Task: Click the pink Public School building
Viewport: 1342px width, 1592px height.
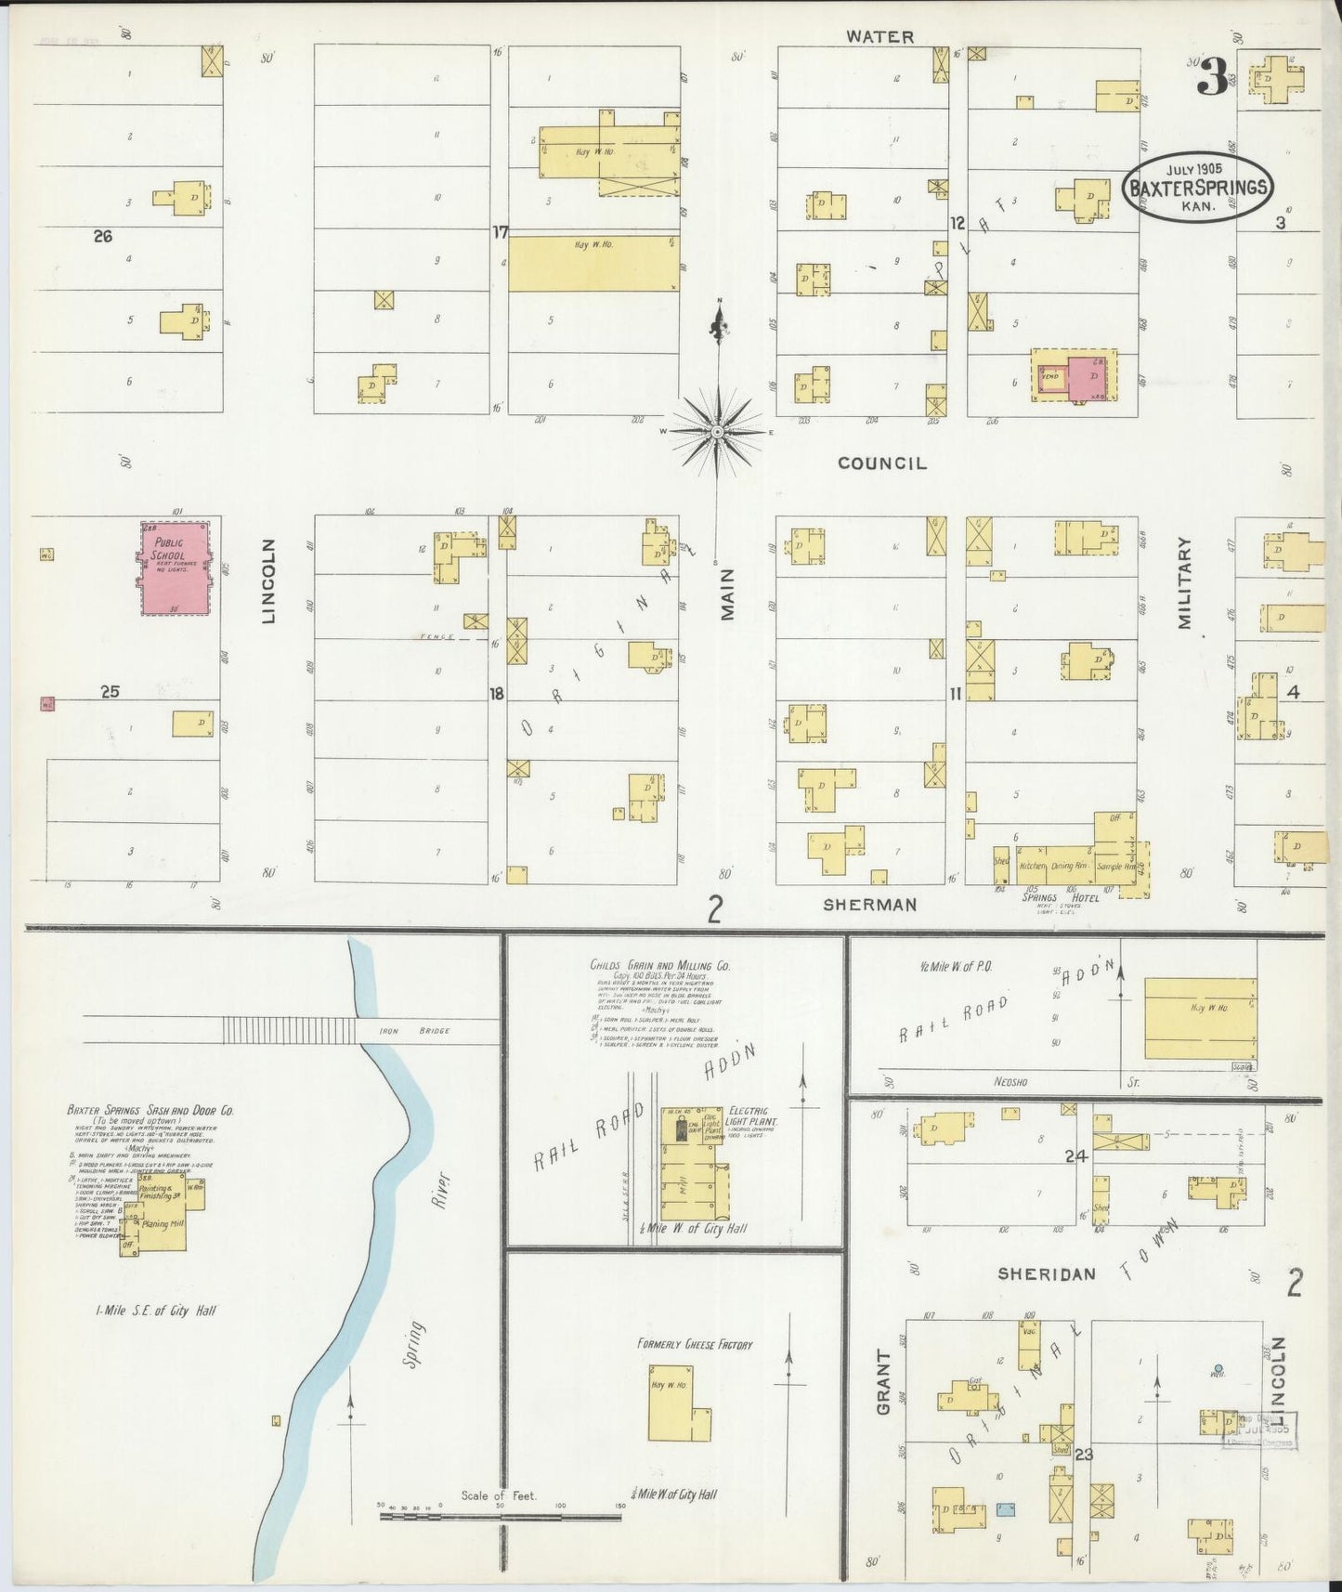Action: [175, 567]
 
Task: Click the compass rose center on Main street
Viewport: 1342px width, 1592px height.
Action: [718, 433]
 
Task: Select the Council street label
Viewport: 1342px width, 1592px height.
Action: [882, 463]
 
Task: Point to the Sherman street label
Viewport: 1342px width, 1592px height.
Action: [870, 904]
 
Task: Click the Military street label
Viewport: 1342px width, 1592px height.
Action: [1185, 583]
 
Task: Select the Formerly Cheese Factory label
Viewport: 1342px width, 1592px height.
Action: [695, 1344]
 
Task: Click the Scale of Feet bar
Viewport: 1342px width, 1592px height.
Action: [501, 1517]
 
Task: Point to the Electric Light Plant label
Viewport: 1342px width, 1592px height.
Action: [753, 1116]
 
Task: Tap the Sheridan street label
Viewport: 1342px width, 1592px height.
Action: [1047, 1274]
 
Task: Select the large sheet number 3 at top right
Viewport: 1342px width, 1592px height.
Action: [1211, 77]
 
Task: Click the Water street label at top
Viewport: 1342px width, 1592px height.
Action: [879, 37]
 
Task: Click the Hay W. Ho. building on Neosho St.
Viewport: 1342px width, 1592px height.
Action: [1200, 1017]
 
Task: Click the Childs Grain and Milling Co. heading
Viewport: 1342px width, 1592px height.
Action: [659, 966]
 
